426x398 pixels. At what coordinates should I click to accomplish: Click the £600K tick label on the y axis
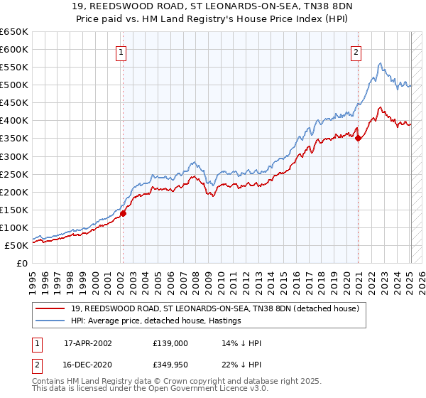coord(14,49)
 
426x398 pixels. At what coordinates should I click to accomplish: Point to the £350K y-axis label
coord(14,139)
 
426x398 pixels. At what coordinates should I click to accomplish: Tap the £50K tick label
coord(17,245)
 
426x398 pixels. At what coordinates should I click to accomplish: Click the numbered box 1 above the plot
coord(121,52)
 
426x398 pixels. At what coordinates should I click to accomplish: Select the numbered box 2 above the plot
coord(355,52)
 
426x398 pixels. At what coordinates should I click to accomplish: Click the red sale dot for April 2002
coord(123,213)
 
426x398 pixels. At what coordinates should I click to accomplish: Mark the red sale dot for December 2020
coord(358,138)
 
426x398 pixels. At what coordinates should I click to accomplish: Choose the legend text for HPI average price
coord(155,321)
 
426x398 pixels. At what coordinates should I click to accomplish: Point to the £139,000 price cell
coord(170,343)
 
